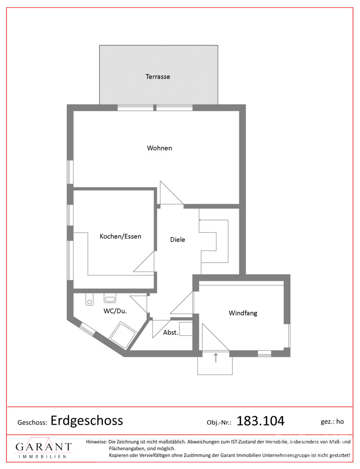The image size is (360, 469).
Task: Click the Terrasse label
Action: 158,77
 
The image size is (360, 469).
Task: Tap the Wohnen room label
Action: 159,148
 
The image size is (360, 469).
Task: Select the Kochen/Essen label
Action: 120,236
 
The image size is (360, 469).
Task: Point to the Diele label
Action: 177,239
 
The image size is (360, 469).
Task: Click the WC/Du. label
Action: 115,311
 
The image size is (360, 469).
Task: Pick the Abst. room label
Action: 171,332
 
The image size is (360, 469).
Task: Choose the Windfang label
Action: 243,313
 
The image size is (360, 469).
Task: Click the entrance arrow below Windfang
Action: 215,358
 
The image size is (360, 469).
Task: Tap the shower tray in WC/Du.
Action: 123,335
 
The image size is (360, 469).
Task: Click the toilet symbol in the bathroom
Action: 89,300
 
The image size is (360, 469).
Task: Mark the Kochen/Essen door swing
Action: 144,261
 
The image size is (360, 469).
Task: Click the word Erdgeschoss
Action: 87,420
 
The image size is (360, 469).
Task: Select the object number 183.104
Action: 260,421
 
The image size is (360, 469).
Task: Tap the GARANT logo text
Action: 44,447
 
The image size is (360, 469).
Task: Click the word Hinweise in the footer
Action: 96,441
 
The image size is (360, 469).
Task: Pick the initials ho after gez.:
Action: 340,421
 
